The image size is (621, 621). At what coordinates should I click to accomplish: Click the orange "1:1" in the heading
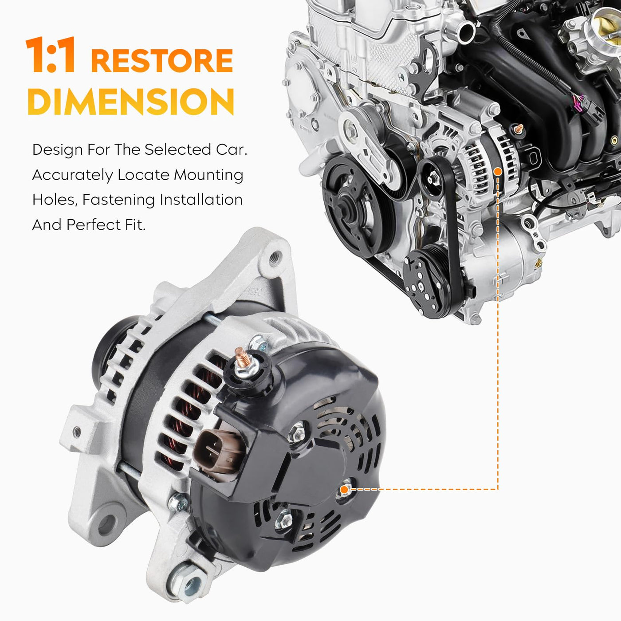click(51, 55)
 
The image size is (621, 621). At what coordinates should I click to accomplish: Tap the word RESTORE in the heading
click(162, 60)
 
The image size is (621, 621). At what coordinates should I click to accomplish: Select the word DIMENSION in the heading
click(130, 102)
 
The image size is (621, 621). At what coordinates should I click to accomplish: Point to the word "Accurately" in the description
click(72, 175)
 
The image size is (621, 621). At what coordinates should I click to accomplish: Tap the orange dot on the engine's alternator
click(498, 172)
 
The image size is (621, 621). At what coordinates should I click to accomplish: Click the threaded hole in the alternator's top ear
click(275, 258)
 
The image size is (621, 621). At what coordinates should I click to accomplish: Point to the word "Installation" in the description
click(201, 200)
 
